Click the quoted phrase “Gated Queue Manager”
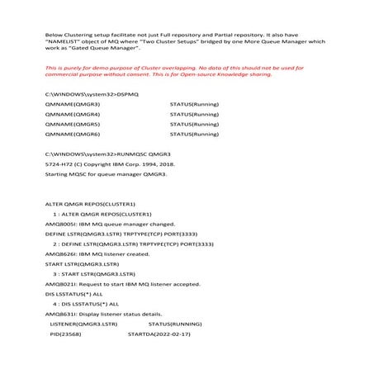pyautogui.click(x=91, y=52)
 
